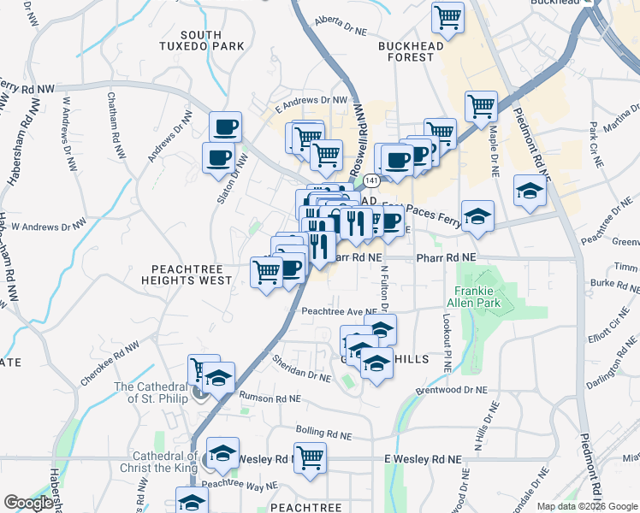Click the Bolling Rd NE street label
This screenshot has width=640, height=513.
[x=324, y=430]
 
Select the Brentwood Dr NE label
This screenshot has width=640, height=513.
[x=451, y=389]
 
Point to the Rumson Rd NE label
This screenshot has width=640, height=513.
[x=270, y=398]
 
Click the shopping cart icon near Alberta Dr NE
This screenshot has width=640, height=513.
[x=447, y=15]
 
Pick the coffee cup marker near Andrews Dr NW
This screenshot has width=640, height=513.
[x=226, y=127]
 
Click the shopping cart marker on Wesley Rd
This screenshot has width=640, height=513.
[x=310, y=457]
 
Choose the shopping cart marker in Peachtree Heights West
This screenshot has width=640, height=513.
[x=266, y=272]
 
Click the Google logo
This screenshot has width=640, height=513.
[x=28, y=503]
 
